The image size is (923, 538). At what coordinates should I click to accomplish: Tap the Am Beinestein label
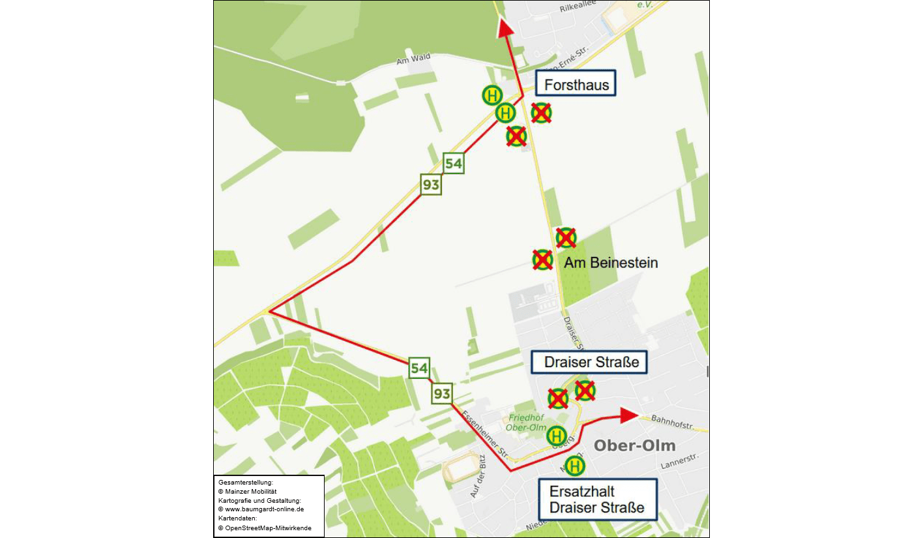pos(610,263)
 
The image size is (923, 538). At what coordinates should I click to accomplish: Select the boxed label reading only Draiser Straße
pos(589,362)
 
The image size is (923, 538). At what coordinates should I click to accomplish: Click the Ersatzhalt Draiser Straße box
pos(597,500)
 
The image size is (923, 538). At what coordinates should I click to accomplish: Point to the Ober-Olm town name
pos(634,446)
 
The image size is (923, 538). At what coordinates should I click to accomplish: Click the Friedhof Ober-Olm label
pos(527,422)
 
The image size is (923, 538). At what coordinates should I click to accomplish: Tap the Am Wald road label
pos(413,59)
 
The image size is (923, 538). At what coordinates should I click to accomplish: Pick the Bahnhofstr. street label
pos(671,425)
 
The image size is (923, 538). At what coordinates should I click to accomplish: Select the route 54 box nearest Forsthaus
pos(453,163)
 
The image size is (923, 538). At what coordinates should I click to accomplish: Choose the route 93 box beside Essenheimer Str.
pos(441,393)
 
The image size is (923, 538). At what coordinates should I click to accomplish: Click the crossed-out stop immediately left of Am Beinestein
pos(542,260)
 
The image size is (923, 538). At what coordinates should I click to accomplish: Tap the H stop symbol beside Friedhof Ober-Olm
pos(556,435)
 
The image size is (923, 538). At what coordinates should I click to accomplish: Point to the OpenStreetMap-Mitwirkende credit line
pos(265,528)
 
